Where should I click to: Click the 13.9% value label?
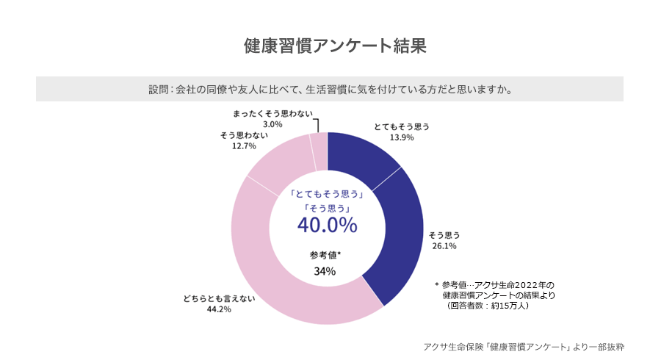pos(402,137)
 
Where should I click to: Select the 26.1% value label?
pos(444,246)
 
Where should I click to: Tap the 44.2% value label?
pos(219,309)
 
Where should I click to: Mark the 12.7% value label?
pos(243,146)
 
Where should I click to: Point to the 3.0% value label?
pos(273,124)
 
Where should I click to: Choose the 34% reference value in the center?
pos(325,271)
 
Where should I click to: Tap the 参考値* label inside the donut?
pos(325,255)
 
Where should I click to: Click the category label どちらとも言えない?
pos(219,298)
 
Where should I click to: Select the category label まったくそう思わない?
pos(272,113)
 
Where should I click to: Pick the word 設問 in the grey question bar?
pos(158,90)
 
